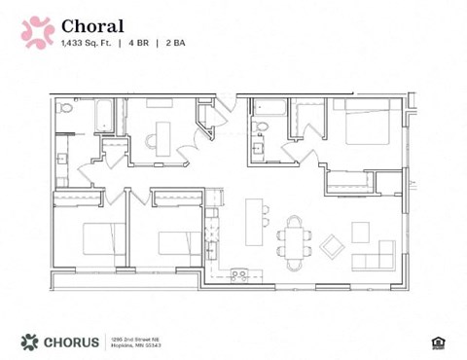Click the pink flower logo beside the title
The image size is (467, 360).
(37, 32)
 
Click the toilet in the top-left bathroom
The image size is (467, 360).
(65, 108)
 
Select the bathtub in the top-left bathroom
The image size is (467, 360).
(104, 114)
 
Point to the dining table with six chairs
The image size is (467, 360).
(294, 236)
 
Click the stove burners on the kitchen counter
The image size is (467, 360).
(238, 275)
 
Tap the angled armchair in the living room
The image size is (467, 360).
(332, 246)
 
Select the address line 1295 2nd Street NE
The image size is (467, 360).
(134, 338)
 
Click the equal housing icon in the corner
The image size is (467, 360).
(435, 342)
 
